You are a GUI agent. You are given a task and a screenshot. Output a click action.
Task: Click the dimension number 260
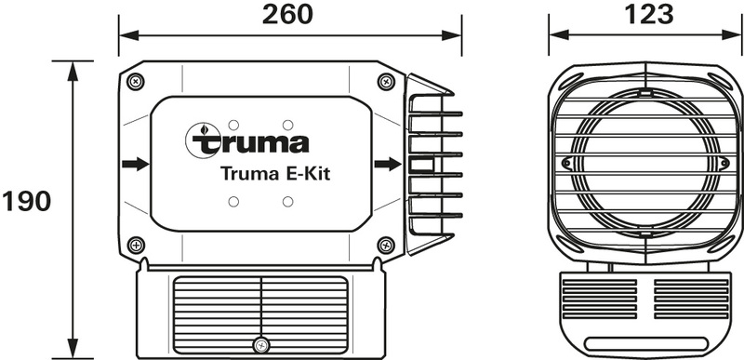tap(288, 14)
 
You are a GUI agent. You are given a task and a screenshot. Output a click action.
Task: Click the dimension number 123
tap(645, 14)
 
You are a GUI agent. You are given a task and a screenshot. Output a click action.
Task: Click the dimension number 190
tap(26, 202)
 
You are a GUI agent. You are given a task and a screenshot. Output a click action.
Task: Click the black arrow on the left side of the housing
tap(135, 165)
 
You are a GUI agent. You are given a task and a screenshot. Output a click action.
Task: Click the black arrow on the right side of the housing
tap(388, 165)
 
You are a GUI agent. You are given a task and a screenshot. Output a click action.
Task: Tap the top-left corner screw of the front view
tap(136, 81)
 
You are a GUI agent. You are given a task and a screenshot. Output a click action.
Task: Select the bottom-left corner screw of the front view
tap(136, 246)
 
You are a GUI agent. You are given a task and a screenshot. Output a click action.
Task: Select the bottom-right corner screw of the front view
tap(386, 246)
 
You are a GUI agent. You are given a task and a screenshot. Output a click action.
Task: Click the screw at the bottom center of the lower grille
tap(261, 345)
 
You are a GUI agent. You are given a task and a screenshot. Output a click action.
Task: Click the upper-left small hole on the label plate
tap(233, 124)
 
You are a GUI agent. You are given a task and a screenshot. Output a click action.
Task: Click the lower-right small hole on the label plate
tap(288, 202)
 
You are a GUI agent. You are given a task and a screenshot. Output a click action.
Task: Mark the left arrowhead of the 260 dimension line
tap(125, 35)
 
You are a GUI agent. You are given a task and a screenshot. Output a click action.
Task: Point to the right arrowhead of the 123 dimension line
tap(735, 35)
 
